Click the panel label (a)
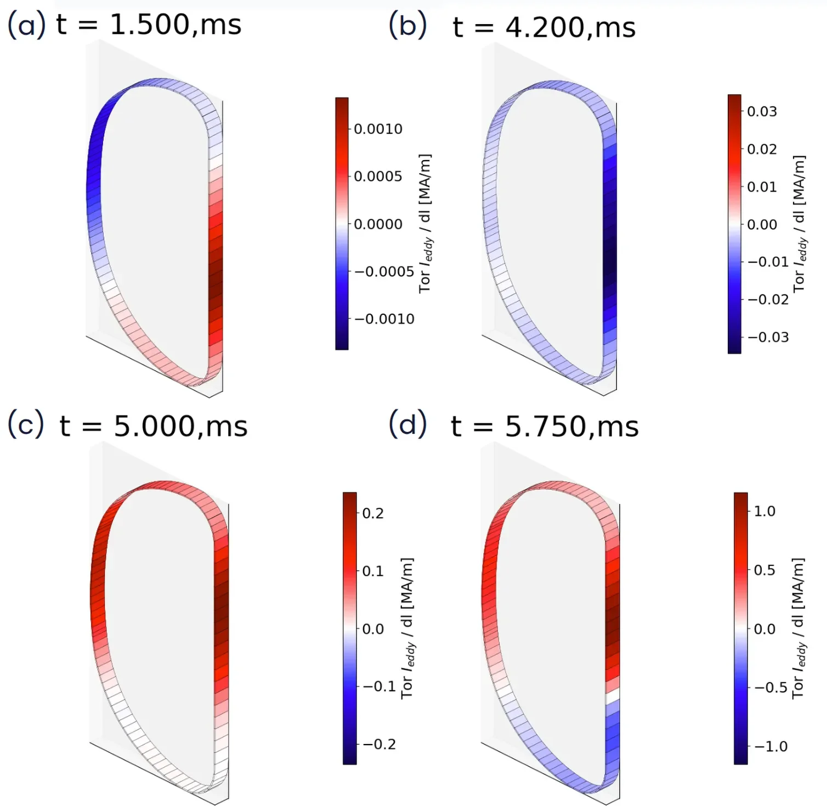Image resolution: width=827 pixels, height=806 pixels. (x=26, y=25)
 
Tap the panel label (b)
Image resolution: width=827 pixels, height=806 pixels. (x=407, y=25)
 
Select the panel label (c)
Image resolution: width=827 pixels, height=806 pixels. (x=25, y=425)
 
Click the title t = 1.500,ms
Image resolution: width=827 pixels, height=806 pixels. (x=149, y=25)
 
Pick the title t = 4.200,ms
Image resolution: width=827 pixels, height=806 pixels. (x=543, y=27)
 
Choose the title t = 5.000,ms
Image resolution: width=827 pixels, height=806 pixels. (x=154, y=426)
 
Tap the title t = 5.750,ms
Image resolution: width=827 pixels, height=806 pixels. (x=545, y=427)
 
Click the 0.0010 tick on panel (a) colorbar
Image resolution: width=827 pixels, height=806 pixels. (x=378, y=129)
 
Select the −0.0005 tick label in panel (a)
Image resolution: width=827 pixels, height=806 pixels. (x=384, y=271)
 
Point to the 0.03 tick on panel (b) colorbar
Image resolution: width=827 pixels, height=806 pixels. (x=762, y=111)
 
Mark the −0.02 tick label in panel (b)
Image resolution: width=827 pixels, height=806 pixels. (x=768, y=299)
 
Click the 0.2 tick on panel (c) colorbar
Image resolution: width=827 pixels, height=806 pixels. (x=373, y=513)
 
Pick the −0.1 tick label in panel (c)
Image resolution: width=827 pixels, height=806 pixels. (x=379, y=686)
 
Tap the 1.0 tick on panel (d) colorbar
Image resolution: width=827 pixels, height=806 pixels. (x=764, y=511)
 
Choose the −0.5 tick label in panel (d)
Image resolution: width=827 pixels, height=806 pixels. (x=771, y=688)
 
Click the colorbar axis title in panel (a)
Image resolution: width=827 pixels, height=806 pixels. (x=425, y=224)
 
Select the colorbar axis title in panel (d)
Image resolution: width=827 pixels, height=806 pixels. (x=798, y=628)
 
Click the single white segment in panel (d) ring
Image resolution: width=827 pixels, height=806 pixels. (x=613, y=697)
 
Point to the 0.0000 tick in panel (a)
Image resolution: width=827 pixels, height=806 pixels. (x=378, y=224)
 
